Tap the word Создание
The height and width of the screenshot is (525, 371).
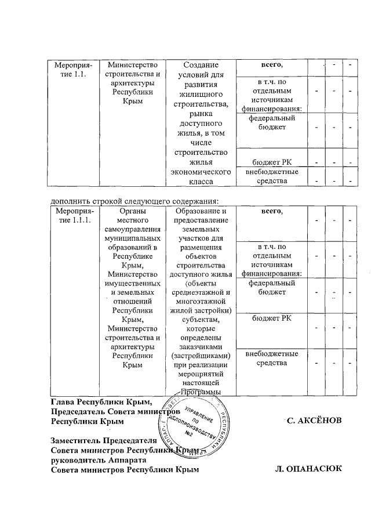pos(199,66)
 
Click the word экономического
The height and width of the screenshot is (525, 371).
pos(199,172)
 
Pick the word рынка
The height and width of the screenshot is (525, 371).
pos(199,115)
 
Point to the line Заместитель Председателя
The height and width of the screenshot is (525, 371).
pos(104,440)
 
